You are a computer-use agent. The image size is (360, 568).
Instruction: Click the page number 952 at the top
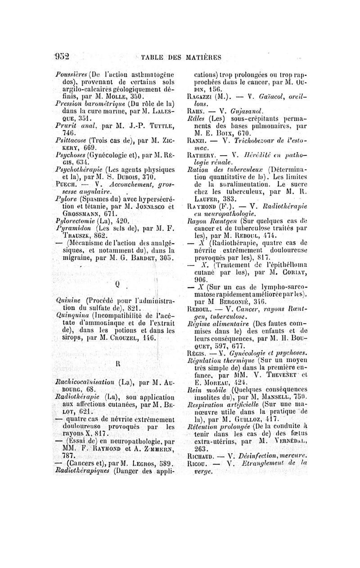click(62, 56)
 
